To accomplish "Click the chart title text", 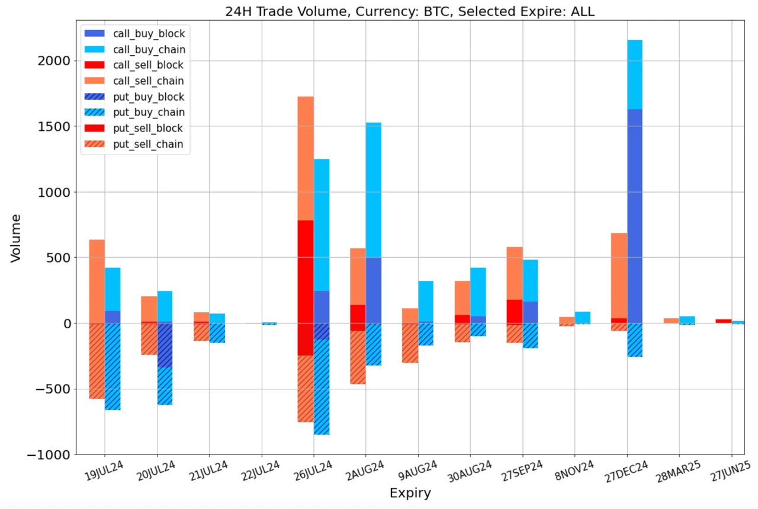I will [x=410, y=11].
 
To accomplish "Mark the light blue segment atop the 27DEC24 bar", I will [x=635, y=75].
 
